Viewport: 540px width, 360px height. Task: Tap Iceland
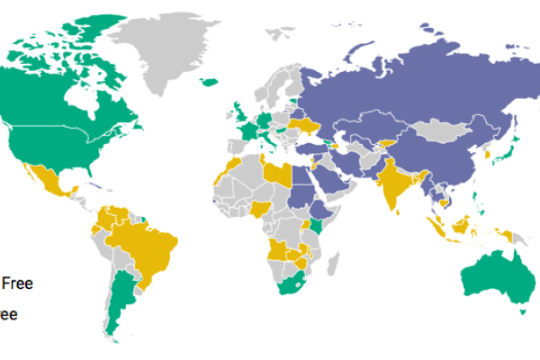[x=209, y=82]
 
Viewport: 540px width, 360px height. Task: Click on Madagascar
[x=332, y=263]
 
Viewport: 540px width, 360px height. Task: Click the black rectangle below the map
[x=306, y=334]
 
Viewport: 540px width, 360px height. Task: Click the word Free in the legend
[x=18, y=283]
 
